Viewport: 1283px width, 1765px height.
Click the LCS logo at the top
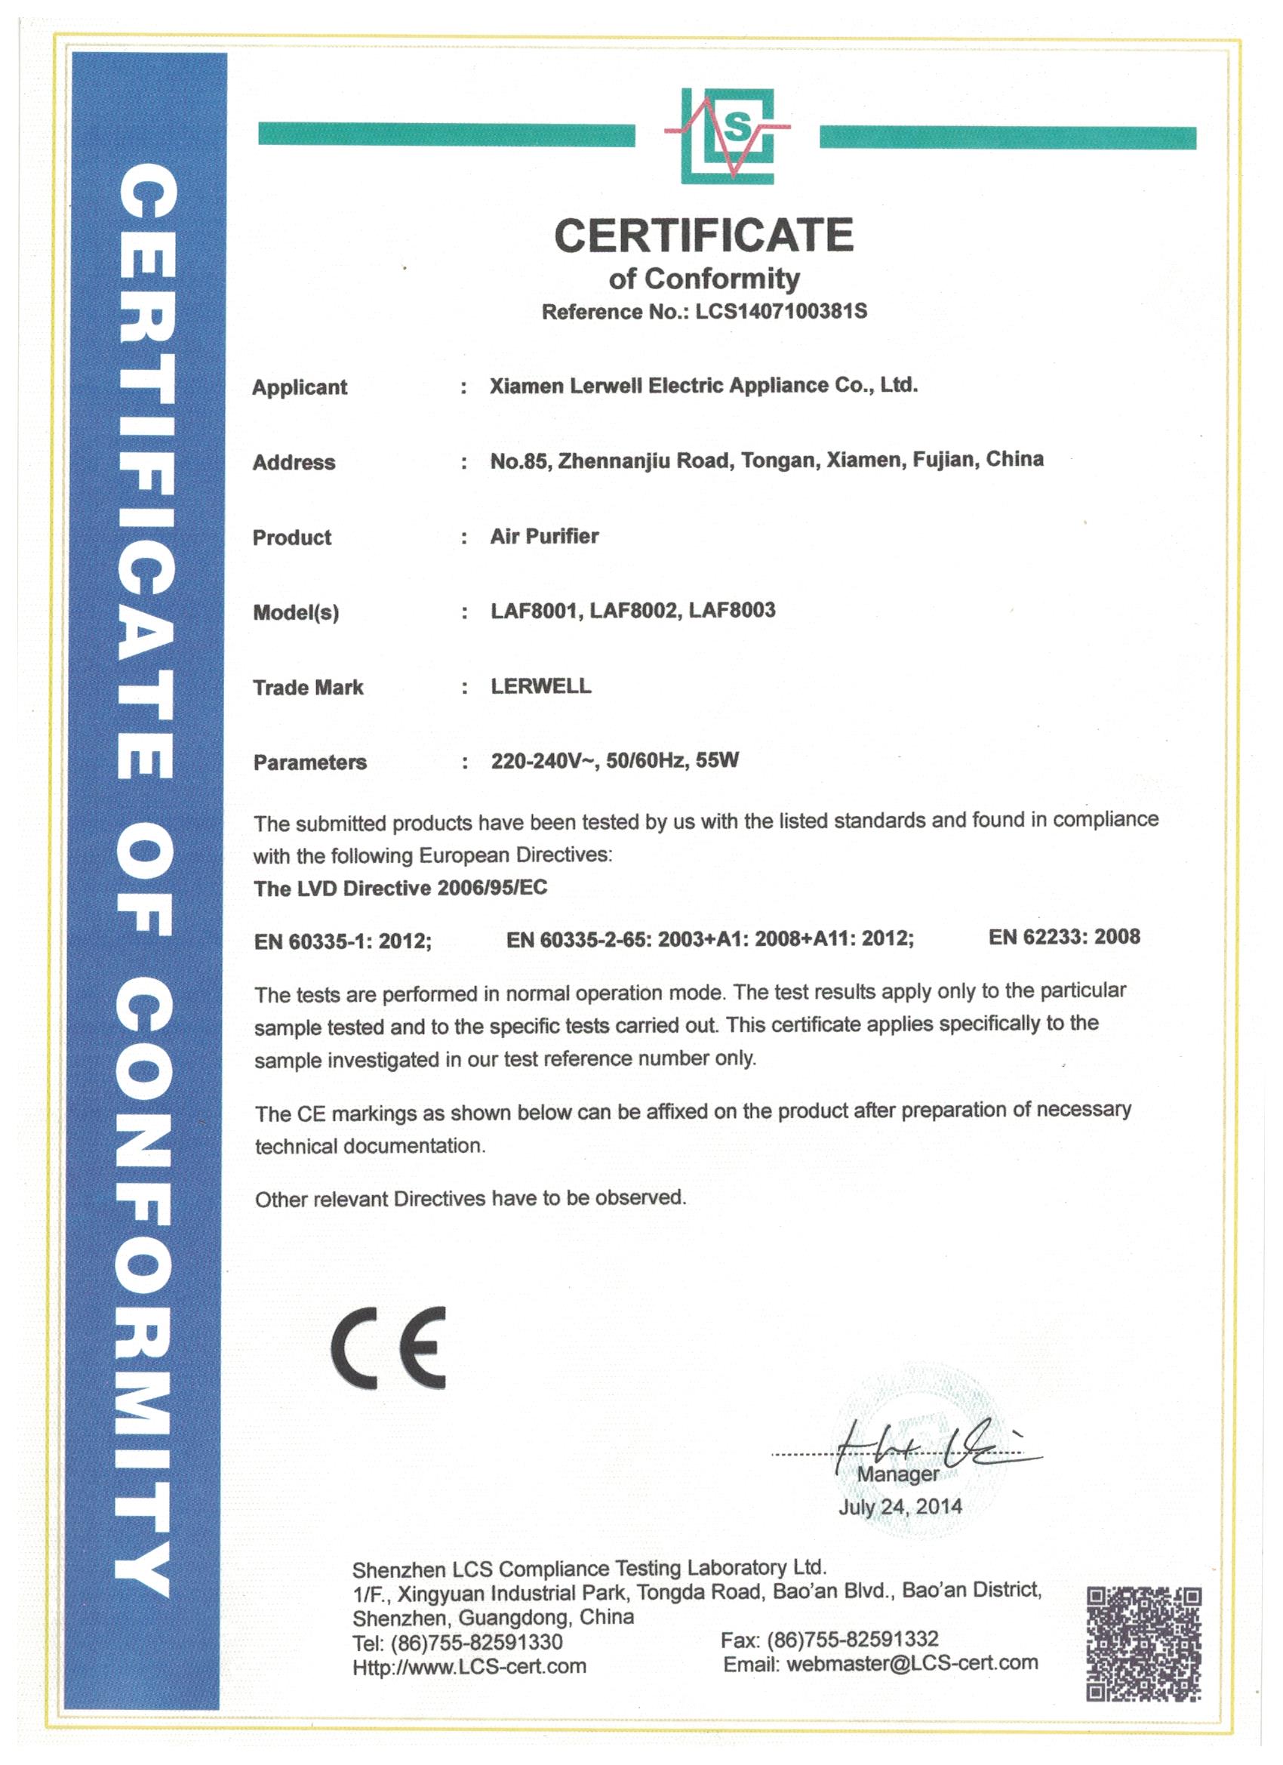coord(728,136)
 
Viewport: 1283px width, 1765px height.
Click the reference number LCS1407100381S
coord(780,311)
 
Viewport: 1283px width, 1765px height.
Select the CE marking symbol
coord(388,1348)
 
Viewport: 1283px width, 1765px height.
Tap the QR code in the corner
coord(1143,1642)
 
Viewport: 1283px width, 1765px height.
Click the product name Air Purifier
coord(544,536)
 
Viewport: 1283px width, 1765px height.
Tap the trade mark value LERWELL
coord(540,685)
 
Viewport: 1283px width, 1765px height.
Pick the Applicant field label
coord(300,387)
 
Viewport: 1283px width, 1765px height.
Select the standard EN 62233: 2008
coord(1063,936)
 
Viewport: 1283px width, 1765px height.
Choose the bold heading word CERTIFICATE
coord(703,235)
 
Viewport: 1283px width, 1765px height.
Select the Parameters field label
coord(309,762)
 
